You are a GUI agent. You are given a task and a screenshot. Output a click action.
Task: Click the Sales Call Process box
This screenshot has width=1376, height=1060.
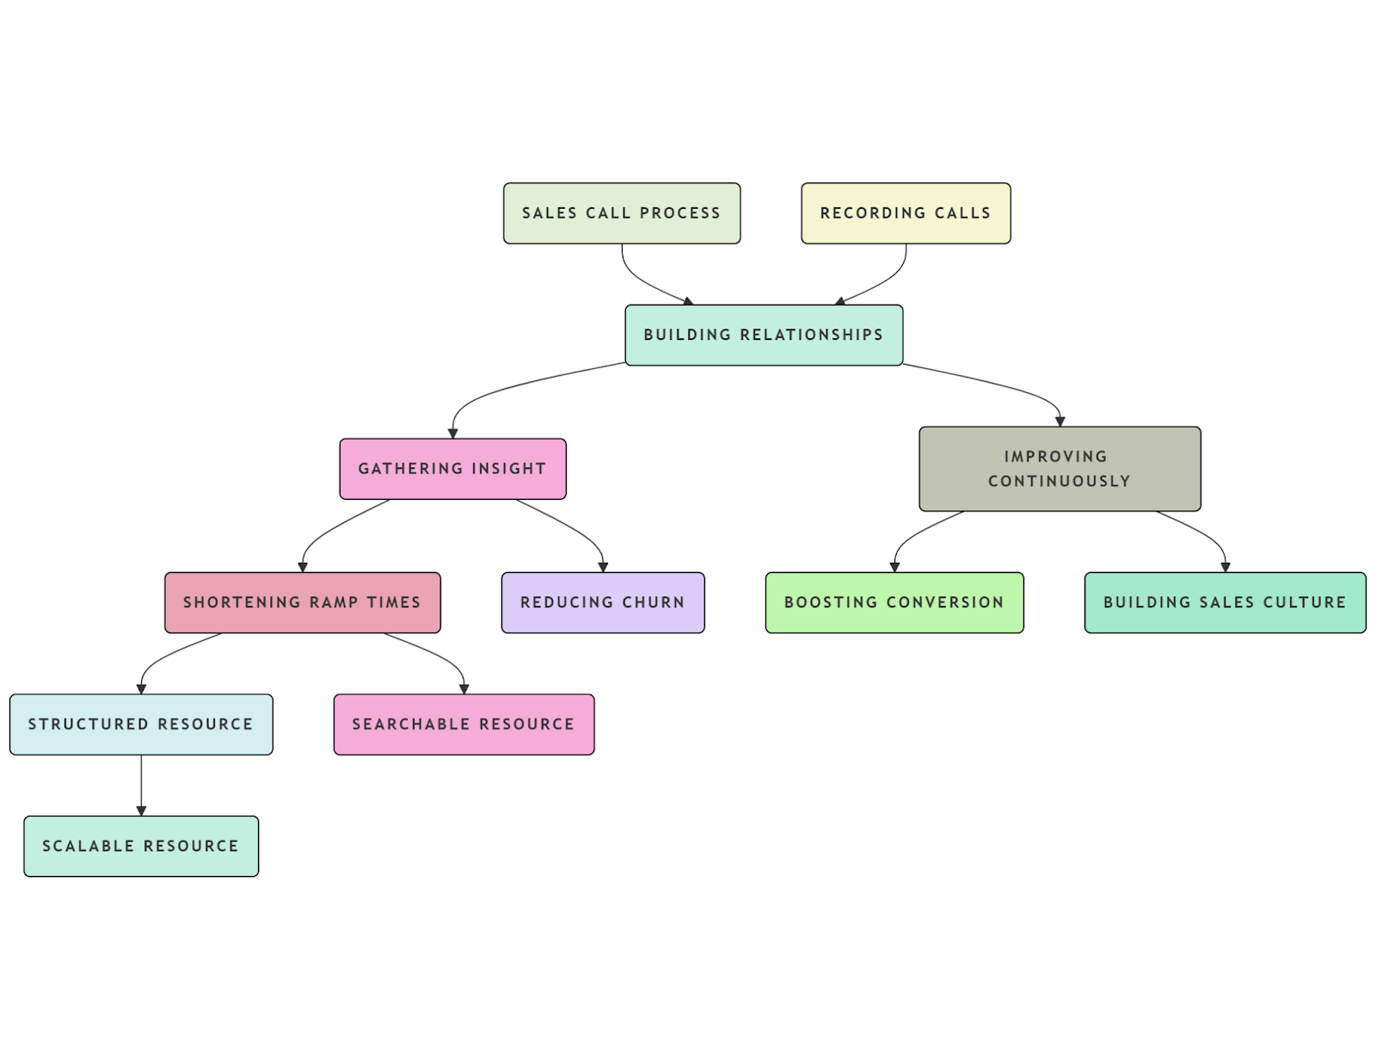click(621, 213)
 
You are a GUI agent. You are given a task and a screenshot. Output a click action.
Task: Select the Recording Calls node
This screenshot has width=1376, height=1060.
click(906, 213)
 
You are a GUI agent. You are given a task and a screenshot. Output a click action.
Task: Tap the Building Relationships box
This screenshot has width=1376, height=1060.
click(764, 335)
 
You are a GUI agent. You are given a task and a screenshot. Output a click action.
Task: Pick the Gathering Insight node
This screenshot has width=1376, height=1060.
click(452, 469)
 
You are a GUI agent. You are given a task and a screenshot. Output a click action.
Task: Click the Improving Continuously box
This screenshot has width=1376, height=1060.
click(1060, 469)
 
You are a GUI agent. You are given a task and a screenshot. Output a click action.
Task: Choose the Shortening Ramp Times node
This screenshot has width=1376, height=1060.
click(302, 602)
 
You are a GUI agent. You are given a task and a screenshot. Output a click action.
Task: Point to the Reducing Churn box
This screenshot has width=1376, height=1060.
click(602, 602)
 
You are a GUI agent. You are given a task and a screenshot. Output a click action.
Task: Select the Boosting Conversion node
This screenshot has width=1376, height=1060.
click(894, 602)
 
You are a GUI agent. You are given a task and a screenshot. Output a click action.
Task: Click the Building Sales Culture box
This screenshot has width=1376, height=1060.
click(1225, 602)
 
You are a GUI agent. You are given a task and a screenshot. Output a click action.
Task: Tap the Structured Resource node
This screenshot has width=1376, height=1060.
click(141, 724)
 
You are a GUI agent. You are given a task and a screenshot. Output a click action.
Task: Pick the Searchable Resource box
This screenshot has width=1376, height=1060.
click(464, 724)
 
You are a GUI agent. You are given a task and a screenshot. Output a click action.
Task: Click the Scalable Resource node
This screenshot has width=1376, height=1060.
click(141, 846)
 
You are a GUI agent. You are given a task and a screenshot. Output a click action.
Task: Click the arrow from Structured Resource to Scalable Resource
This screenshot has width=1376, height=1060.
click(141, 785)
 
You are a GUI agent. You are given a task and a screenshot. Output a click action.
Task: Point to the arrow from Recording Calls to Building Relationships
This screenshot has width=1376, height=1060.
click(886, 280)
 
